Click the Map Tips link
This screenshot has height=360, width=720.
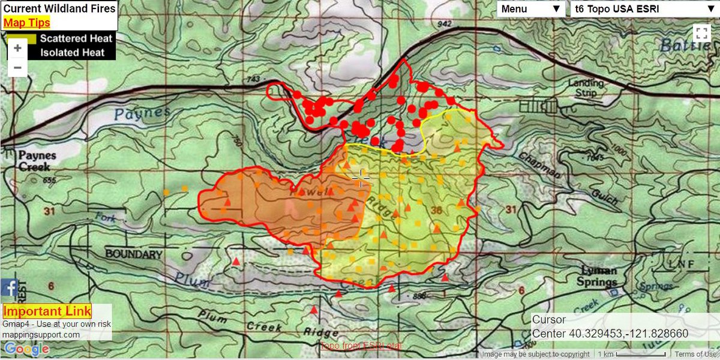[26, 23]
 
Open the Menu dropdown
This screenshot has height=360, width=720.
[530, 9]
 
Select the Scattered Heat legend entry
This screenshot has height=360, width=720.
[76, 38]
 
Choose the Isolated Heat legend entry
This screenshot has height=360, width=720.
[73, 53]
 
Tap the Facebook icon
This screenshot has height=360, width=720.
[8, 288]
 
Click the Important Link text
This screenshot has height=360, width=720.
[47, 311]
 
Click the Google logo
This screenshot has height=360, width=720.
[26, 349]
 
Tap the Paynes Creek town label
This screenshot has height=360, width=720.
[37, 160]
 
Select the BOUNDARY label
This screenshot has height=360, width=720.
[133, 254]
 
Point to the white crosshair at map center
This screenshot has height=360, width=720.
[361, 178]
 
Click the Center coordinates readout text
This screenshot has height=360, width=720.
[610, 334]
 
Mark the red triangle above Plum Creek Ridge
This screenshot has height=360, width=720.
[313, 310]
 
